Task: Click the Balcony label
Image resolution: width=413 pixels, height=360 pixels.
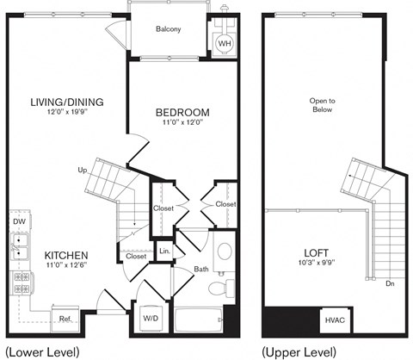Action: coord(169,29)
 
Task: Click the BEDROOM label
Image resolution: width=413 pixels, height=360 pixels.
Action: coord(182,113)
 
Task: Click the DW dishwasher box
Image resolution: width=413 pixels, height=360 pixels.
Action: coord(19,221)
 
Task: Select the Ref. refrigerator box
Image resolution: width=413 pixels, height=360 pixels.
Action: coord(65,318)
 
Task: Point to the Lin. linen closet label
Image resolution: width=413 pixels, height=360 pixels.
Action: coord(163,251)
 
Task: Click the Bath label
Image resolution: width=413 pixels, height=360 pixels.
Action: coord(200,270)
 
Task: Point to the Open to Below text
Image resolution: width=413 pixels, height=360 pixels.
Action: coord(323,106)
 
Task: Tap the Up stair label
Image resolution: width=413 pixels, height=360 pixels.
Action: coord(82,171)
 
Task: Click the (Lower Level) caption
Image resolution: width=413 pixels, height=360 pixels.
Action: coord(42,351)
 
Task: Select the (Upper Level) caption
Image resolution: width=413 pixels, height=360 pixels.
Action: coord(299,351)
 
